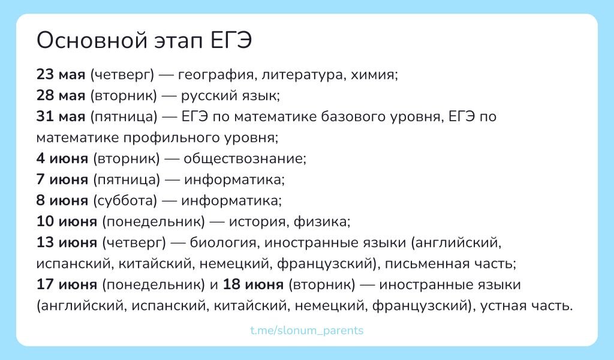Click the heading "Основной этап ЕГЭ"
coord(145,41)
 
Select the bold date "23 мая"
coord(61,75)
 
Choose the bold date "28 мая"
coord(61,95)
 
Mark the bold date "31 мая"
coord(61,116)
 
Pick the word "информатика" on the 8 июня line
coord(231,200)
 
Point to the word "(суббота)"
coord(125,200)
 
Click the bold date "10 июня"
coord(67,221)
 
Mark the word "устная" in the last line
coord(504,305)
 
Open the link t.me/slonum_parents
coord(306,331)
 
